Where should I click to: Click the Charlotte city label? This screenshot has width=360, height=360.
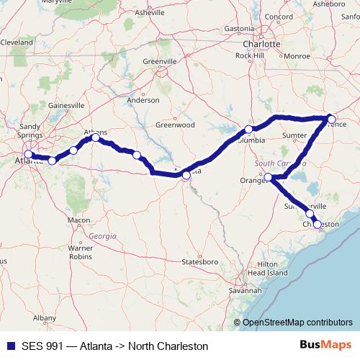click(260, 42)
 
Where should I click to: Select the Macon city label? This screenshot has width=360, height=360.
click(78, 219)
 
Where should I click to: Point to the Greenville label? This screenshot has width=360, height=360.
click(160, 61)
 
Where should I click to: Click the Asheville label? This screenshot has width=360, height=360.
click(150, 12)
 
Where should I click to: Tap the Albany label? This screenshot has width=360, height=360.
click(45, 317)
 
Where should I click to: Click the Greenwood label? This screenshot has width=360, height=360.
click(176, 124)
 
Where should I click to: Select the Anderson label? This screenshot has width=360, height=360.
click(143, 100)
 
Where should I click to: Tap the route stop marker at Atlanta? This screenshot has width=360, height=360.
click(28, 154)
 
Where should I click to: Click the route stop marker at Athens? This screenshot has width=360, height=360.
click(95, 137)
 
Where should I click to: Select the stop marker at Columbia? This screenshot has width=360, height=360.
click(248, 130)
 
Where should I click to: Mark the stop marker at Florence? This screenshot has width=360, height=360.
click(331, 118)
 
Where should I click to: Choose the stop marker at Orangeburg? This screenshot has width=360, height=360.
click(267, 177)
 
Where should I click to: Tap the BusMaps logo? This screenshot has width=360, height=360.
click(325, 346)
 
